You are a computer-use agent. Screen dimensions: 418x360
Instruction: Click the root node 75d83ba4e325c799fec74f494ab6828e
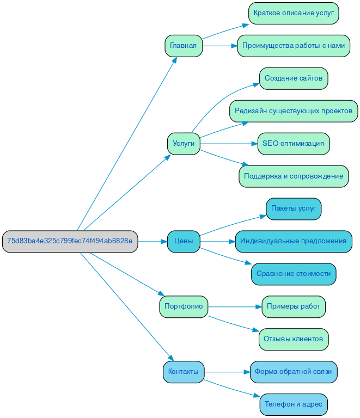tap(70, 241)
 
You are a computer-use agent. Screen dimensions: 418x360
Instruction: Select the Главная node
tap(183, 46)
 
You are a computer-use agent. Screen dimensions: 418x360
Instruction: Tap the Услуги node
tap(183, 144)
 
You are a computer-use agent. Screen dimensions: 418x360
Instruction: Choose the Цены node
tap(183, 241)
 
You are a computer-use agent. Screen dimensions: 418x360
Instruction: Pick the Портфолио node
tap(183, 306)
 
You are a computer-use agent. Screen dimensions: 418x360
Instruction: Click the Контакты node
tap(183, 372)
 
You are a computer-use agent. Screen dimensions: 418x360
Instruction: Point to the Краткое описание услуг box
tap(294, 13)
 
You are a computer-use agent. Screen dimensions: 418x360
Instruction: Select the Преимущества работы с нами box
tap(294, 46)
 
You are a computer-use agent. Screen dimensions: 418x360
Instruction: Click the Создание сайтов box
tap(294, 78)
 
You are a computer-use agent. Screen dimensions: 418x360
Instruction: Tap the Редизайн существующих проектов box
tap(294, 111)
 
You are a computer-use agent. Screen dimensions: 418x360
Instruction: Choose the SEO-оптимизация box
tap(294, 144)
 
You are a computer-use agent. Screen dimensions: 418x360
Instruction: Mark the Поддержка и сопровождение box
tap(294, 176)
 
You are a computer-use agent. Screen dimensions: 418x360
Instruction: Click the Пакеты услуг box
tap(294, 208)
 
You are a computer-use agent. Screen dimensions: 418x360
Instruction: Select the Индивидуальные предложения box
tap(294, 241)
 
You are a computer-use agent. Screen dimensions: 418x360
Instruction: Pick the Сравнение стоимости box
tap(294, 274)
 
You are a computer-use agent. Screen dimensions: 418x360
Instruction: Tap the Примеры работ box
tap(294, 306)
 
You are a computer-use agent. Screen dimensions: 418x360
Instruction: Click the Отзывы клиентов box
tap(294, 339)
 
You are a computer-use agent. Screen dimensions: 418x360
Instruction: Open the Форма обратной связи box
tap(294, 372)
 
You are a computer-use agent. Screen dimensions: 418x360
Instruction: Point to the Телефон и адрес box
tap(294, 404)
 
